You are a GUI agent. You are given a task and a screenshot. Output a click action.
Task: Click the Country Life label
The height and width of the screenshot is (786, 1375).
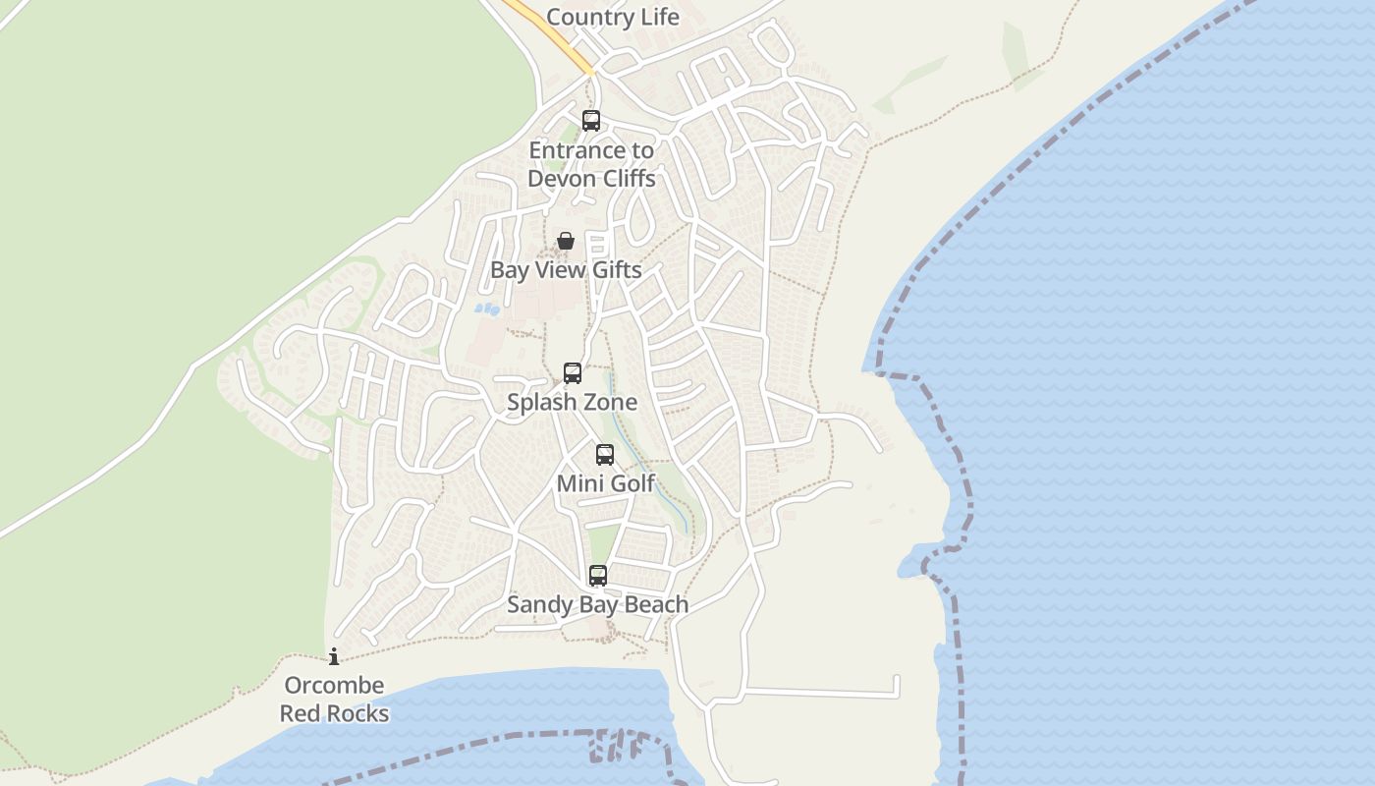pos(612,17)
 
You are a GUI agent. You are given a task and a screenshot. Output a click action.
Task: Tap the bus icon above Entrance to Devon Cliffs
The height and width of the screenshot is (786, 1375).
pos(591,121)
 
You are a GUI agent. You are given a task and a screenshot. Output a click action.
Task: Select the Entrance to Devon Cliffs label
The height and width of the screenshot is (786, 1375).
pos(591,164)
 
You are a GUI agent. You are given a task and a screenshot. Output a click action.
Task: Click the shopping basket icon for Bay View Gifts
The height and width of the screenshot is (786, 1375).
pos(566,241)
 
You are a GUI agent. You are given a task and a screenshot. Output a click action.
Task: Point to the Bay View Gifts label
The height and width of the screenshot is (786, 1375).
pos(566,270)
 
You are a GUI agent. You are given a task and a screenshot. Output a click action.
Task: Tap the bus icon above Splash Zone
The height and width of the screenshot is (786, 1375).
pos(573,373)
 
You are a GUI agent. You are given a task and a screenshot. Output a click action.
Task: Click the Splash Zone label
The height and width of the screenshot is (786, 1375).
pos(572,402)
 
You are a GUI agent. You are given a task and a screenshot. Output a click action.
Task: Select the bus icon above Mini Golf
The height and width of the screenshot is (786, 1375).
pos(605,455)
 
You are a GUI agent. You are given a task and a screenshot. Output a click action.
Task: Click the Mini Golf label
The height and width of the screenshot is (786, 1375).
pos(605,483)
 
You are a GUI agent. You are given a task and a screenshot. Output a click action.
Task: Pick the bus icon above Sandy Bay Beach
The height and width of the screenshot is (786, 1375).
pos(598,576)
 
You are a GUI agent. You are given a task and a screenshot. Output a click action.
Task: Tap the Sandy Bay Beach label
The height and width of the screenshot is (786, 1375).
pos(597,604)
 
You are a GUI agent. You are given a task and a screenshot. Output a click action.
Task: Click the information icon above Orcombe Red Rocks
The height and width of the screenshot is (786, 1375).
pos(334,656)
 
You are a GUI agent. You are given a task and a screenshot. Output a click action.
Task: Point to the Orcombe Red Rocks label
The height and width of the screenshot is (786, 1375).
pos(334,700)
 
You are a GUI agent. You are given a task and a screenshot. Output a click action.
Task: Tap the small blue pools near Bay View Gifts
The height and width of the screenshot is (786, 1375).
pos(487,309)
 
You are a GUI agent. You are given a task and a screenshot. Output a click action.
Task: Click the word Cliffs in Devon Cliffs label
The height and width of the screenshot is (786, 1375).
pos(622,178)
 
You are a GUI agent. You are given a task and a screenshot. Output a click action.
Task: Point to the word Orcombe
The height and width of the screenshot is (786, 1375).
pos(334,686)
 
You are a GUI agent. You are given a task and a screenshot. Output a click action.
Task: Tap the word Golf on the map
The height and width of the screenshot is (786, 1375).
pos(631,483)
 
